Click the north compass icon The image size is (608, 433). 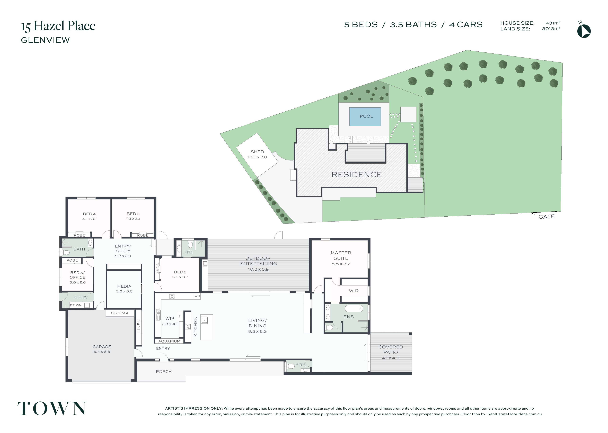(584, 30)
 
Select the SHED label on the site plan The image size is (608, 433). (257, 152)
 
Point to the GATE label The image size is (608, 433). (546, 217)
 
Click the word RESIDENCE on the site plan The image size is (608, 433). (357, 175)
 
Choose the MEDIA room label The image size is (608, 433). (124, 286)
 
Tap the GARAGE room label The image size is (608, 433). (102, 347)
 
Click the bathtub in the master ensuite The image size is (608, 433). (354, 308)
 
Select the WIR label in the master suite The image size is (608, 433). (354, 291)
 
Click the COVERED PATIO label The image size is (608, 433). (391, 349)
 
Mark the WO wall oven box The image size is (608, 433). (197, 296)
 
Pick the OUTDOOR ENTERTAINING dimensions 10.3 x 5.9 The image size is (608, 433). (258, 269)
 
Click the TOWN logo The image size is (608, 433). (52, 408)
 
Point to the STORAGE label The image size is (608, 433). (120, 313)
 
